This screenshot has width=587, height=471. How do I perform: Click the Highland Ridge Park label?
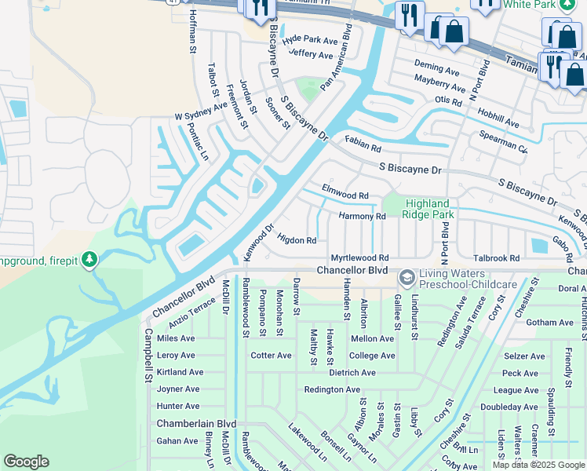pos(428,209)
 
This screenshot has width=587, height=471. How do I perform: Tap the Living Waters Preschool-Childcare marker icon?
pos(407,277)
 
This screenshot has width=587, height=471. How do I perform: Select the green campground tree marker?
pos(89,259)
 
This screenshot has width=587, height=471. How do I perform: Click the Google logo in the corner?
pos(26,462)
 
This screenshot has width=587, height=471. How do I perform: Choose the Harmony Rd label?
pos(362,216)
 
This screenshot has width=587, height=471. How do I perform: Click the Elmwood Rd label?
pos(345,195)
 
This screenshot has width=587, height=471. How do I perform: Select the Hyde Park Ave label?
pos(310,39)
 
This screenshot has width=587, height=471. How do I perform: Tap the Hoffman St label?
pos(192,32)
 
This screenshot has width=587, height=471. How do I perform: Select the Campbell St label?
pos(148,356)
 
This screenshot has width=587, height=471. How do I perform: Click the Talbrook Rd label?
pos(496,257)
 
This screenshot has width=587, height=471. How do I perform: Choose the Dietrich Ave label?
pos(352,373)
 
